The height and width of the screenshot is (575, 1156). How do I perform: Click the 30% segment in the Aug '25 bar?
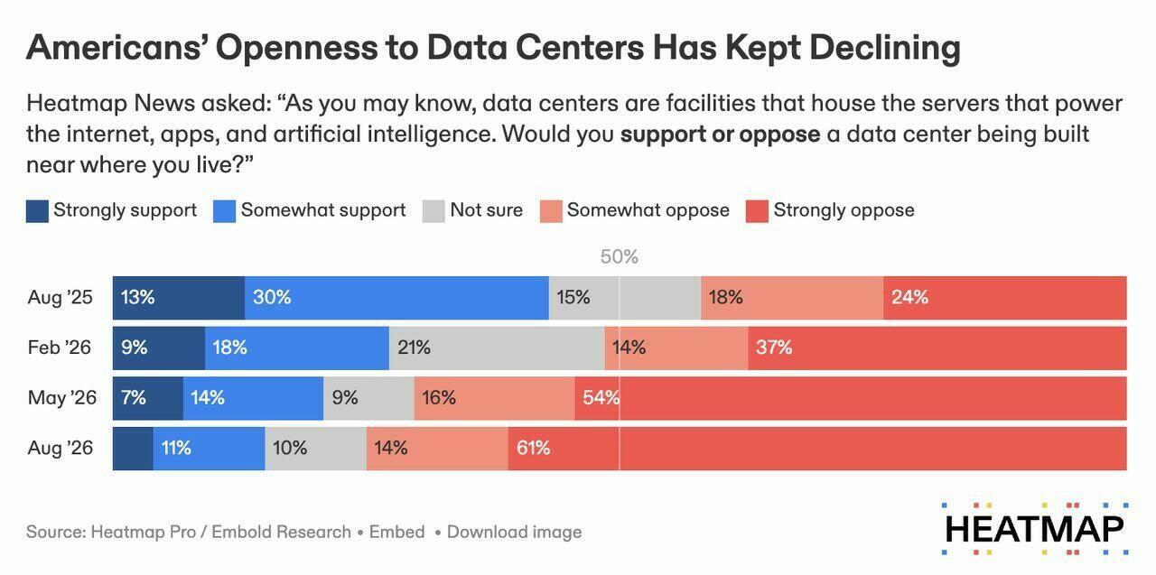pyautogui.click(x=396, y=298)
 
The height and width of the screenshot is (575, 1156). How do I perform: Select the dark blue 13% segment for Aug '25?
pyautogui.click(x=179, y=298)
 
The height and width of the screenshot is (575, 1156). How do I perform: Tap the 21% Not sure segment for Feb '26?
pyautogui.click(x=497, y=348)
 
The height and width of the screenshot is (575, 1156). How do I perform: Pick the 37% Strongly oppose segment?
pyautogui.click(x=937, y=348)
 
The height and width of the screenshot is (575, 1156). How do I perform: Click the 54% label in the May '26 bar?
pyautogui.click(x=601, y=397)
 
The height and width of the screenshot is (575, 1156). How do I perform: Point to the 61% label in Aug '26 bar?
pyautogui.click(x=533, y=448)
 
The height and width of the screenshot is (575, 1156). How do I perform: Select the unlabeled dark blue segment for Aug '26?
pyautogui.click(x=133, y=449)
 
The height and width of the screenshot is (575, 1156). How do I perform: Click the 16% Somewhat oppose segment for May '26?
pyautogui.click(x=494, y=398)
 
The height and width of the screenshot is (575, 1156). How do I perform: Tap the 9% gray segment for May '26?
pyautogui.click(x=368, y=398)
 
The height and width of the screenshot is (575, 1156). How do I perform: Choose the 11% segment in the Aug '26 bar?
pyautogui.click(x=209, y=449)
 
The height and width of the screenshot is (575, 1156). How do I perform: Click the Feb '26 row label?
pyautogui.click(x=60, y=348)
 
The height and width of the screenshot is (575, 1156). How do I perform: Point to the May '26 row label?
pyautogui.click(x=62, y=397)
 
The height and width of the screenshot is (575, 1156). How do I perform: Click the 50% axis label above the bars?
pyautogui.click(x=620, y=256)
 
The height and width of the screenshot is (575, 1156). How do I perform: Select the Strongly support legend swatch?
pyautogui.click(x=37, y=211)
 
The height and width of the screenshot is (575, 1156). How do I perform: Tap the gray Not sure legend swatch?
pyautogui.click(x=433, y=211)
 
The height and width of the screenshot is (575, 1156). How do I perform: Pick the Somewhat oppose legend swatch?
pyautogui.click(x=551, y=211)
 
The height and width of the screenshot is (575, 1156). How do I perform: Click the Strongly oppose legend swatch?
pyautogui.click(x=757, y=211)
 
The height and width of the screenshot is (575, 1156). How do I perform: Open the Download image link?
pyautogui.click(x=514, y=532)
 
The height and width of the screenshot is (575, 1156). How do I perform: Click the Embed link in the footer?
pyautogui.click(x=396, y=532)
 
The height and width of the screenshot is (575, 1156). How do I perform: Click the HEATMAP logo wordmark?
pyautogui.click(x=1035, y=529)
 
